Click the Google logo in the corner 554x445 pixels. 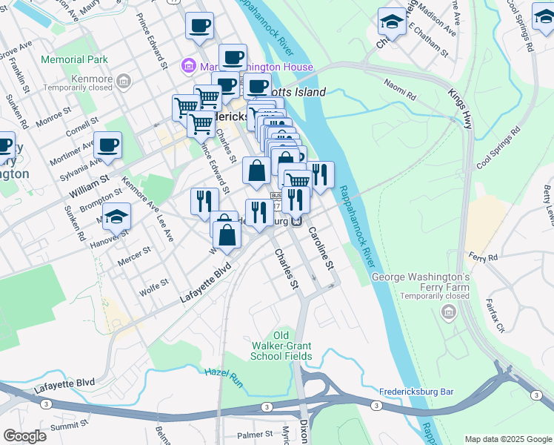(x=24, y=436)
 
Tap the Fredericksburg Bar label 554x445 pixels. (x=415, y=392)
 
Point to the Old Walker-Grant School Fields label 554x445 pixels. (x=281, y=346)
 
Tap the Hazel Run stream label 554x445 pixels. (x=224, y=376)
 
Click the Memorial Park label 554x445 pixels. (x=75, y=59)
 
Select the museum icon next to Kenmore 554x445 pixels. (x=124, y=80)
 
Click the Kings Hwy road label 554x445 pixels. (x=460, y=109)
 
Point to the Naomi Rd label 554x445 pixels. (x=400, y=90)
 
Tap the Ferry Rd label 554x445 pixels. (x=483, y=257)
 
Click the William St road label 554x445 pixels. (x=88, y=185)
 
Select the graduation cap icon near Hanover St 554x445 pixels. (x=116, y=218)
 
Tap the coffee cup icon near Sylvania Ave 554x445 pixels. (x=108, y=145)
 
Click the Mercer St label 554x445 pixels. (x=135, y=257)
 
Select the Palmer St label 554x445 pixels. (x=256, y=435)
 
